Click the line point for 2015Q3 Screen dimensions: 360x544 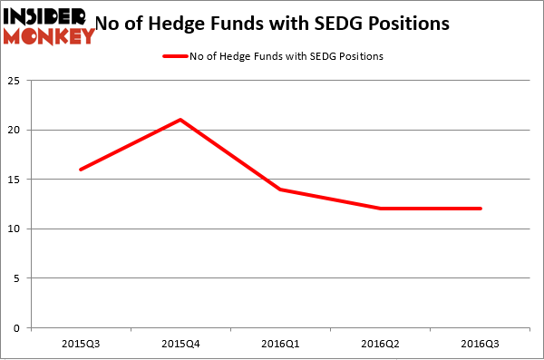click(x=81, y=170)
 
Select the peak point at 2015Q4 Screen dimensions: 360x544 click(x=180, y=120)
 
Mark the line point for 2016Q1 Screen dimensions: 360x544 click(x=281, y=189)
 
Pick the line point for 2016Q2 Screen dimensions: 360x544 click(x=381, y=209)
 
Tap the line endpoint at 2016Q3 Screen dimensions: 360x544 click(x=481, y=209)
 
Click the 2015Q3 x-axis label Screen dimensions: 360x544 click(x=81, y=345)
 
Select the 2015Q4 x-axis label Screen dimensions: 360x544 click(x=180, y=345)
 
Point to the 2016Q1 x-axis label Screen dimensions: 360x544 click(x=281, y=345)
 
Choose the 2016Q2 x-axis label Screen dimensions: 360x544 click(x=381, y=345)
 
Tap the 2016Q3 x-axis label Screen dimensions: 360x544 click(x=481, y=345)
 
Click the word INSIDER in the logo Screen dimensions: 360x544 click(x=46, y=17)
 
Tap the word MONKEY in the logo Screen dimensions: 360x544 click(x=50, y=36)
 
